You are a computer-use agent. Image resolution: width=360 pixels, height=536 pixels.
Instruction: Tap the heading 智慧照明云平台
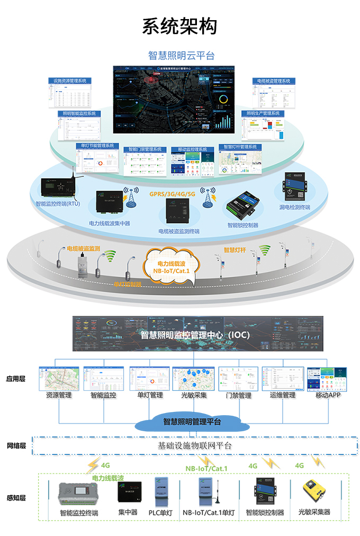click(x=181, y=56)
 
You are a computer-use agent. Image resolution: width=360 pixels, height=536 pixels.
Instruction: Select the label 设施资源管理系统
click(x=70, y=81)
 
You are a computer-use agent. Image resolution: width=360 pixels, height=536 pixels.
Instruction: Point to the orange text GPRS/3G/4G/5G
click(x=172, y=194)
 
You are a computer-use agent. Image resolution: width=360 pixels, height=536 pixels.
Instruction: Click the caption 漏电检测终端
click(x=294, y=207)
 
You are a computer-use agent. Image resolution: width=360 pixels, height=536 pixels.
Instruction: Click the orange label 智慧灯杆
click(x=236, y=249)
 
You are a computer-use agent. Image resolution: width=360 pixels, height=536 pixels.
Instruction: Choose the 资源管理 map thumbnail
click(x=59, y=378)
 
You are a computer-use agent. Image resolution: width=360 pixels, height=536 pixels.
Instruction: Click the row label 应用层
click(x=16, y=379)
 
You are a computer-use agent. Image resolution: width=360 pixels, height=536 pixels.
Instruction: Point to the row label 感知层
click(x=16, y=498)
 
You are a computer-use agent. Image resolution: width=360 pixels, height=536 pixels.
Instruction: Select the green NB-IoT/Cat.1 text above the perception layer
click(x=206, y=468)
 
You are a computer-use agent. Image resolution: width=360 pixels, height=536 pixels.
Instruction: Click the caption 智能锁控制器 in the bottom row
click(x=265, y=513)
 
